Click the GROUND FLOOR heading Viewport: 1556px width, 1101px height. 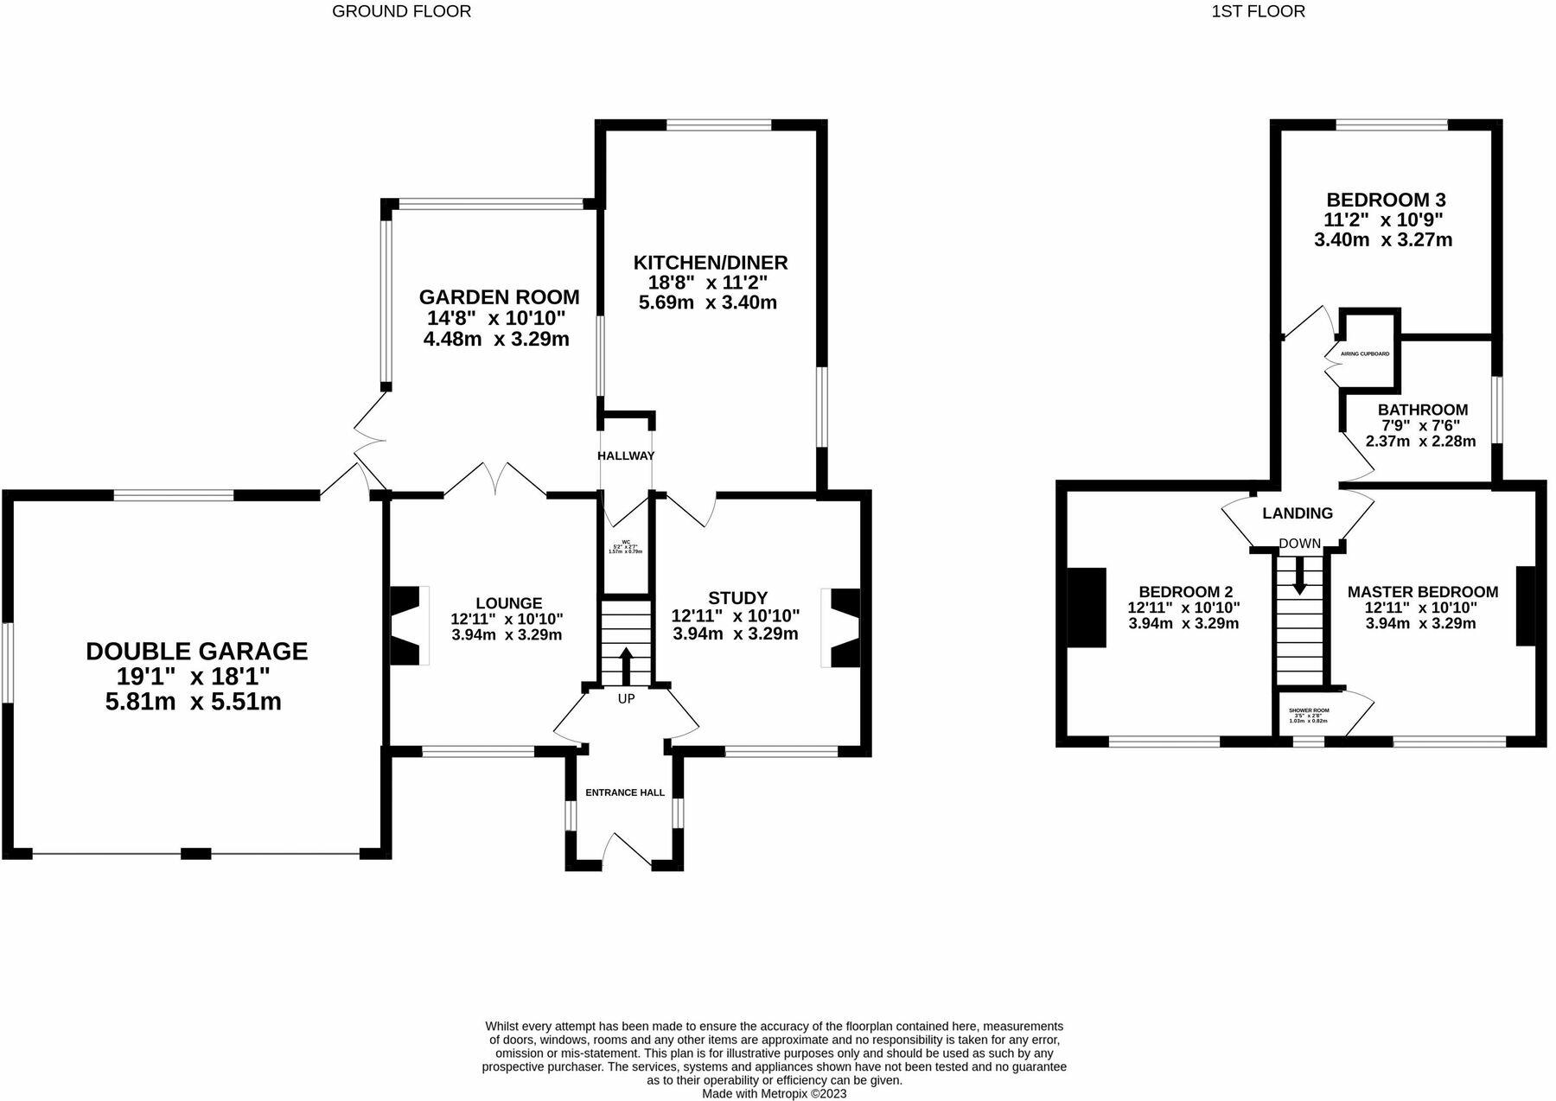tap(401, 11)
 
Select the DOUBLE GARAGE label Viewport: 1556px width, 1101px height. tap(196, 651)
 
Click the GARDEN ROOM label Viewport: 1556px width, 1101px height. tap(499, 297)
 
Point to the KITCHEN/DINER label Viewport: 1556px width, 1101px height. tap(711, 262)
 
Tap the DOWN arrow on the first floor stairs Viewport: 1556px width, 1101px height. tap(1299, 576)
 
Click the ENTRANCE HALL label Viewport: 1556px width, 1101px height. tap(625, 792)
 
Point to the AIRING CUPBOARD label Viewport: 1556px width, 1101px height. tap(1365, 353)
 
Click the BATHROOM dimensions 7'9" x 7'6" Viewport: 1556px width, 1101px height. tap(1421, 425)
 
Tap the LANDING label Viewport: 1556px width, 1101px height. tap(1297, 513)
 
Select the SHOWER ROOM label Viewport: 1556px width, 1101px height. tap(1309, 710)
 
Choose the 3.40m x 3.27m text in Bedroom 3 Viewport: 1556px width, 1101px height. tap(1383, 240)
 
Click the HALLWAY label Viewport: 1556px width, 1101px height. tap(626, 455)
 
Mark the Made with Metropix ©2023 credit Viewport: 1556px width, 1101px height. tap(774, 1093)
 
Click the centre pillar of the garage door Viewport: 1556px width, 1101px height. tap(195, 854)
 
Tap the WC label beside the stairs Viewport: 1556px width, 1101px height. tap(626, 542)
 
